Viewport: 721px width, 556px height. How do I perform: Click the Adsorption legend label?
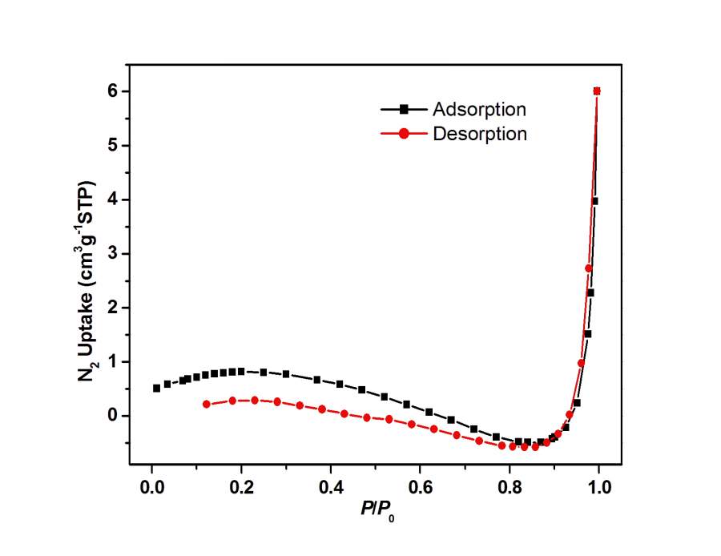479,109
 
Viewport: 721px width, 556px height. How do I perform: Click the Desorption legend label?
480,134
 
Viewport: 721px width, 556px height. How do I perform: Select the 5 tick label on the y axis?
113,145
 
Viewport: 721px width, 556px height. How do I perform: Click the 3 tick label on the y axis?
113,253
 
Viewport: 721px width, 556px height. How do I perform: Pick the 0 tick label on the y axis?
113,415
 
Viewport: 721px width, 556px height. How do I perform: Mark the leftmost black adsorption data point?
157,388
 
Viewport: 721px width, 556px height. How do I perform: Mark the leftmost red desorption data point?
206,404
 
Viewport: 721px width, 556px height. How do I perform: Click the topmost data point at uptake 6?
597,91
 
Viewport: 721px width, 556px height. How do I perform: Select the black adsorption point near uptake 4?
594,201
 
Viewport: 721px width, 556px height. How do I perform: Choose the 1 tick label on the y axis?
113,361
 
